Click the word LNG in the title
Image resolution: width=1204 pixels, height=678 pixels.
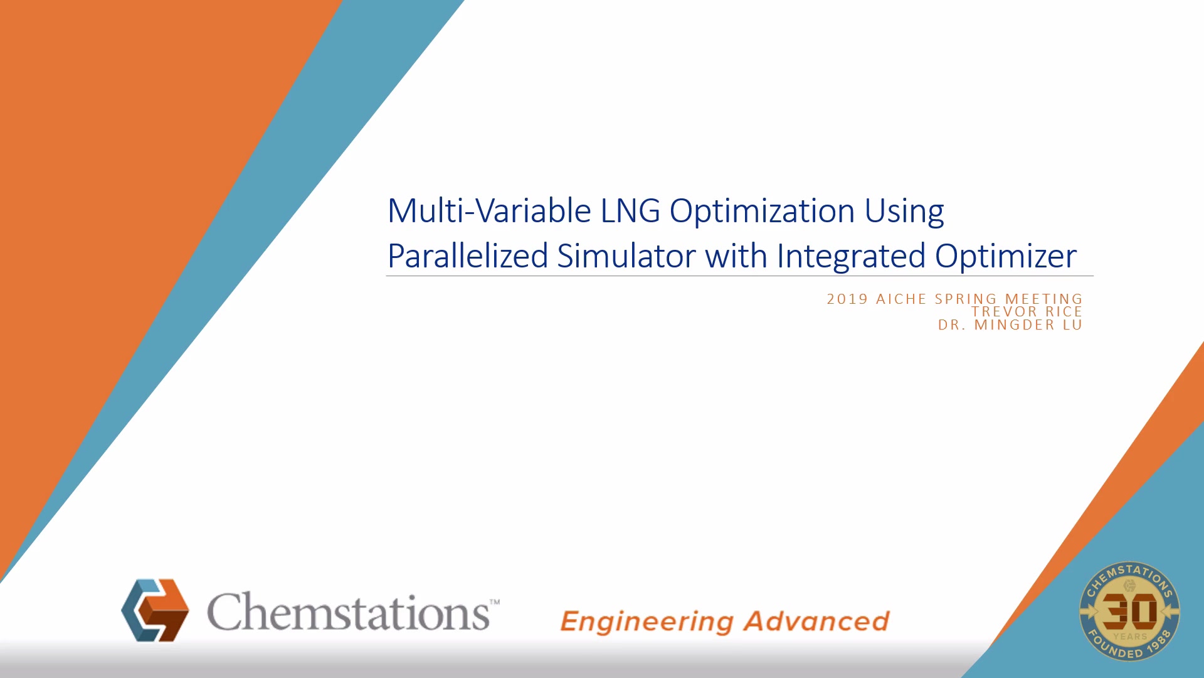tap(630, 211)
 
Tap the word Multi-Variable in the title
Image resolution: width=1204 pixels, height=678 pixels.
tap(489, 210)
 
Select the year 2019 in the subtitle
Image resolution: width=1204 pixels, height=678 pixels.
tap(847, 299)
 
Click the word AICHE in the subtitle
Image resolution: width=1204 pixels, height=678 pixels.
tap(901, 299)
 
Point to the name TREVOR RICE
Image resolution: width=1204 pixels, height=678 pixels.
tap(1027, 312)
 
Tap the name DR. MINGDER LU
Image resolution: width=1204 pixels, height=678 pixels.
tap(1010, 325)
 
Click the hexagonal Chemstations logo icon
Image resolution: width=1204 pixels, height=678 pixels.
tap(155, 610)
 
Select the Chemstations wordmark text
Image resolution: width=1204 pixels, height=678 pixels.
tap(348, 611)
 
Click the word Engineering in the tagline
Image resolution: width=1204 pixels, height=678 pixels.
tap(647, 622)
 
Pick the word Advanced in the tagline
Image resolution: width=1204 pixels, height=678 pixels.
tap(816, 621)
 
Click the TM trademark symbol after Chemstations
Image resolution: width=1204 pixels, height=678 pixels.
tap(495, 602)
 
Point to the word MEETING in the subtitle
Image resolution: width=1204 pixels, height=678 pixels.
tap(1043, 299)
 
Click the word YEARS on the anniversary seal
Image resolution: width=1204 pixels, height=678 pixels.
tap(1130, 637)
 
